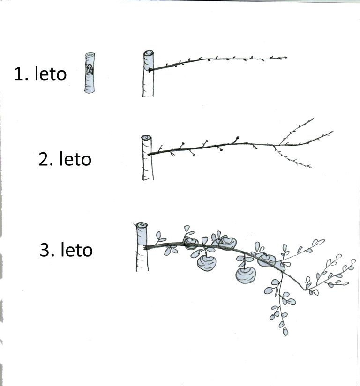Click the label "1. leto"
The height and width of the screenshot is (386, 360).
click(40, 73)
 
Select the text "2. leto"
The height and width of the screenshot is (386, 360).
click(65, 158)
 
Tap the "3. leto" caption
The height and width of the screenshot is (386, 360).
click(66, 249)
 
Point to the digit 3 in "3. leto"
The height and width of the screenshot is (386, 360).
click(44, 250)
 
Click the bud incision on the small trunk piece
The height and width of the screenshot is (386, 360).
click(90, 69)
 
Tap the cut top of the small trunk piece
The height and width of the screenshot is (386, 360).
click(90, 54)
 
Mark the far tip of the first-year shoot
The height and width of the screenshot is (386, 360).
click(286, 57)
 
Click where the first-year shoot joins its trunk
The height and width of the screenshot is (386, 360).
click(150, 70)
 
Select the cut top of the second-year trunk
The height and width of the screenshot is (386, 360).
click(146, 137)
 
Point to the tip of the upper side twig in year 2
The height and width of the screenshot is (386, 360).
click(314, 119)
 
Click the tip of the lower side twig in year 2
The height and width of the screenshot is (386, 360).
click(311, 167)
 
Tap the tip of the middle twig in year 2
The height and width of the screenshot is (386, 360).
click(333, 132)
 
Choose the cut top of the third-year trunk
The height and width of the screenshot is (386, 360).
click(142, 225)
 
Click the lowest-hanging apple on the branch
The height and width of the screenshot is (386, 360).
click(246, 275)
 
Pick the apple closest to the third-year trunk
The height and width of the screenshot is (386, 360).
click(190, 243)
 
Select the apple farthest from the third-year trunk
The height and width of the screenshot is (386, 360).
click(267, 260)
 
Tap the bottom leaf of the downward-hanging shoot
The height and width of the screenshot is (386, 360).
click(285, 331)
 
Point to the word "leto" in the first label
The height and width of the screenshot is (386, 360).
click(51, 73)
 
